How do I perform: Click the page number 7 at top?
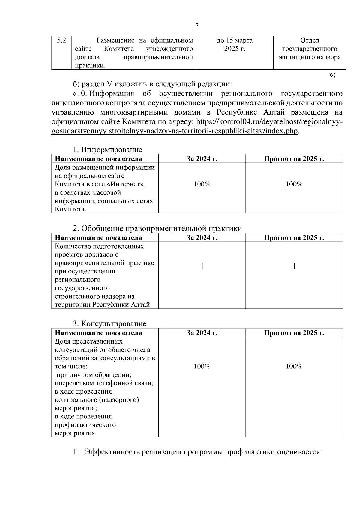tap(197, 25)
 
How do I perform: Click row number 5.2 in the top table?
tap(61, 40)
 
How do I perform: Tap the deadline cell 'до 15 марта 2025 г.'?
tap(235, 44)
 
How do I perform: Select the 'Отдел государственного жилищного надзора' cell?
tap(310, 49)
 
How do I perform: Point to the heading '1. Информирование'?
tap(108, 150)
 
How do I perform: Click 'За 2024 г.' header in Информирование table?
tap(202, 159)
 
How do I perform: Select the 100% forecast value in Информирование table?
tap(294, 184)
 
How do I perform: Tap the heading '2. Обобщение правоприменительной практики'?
tap(157, 228)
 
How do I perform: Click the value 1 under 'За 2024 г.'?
tap(202, 266)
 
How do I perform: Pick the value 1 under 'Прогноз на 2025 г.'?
tap(294, 266)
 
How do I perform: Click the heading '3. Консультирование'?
tap(110, 323)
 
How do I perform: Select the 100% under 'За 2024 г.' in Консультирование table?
tap(202, 366)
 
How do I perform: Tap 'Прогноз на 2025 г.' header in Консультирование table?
tap(294, 333)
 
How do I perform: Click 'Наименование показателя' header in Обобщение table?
tap(98, 238)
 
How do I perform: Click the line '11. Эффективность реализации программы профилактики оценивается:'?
tap(197, 452)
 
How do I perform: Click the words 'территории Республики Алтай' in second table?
tap(102, 305)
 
